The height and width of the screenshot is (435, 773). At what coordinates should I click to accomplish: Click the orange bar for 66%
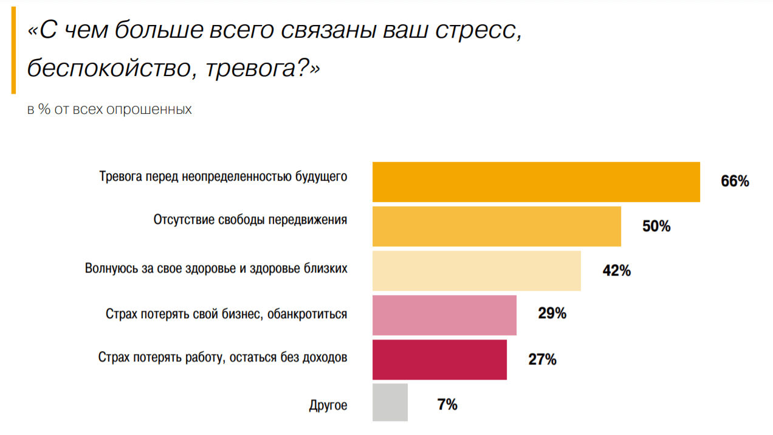click(535, 182)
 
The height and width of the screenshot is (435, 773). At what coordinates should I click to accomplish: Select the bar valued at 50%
click(496, 226)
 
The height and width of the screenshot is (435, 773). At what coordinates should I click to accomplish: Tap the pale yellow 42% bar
click(476, 271)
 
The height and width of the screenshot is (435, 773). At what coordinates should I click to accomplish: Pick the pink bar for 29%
click(444, 315)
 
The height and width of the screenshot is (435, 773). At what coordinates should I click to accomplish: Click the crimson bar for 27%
click(439, 360)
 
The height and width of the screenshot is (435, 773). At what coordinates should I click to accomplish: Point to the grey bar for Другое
click(390, 402)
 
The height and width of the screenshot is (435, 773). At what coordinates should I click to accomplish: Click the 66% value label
click(735, 181)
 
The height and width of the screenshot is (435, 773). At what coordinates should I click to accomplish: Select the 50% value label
click(656, 226)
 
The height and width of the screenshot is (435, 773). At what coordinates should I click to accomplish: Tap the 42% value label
click(616, 271)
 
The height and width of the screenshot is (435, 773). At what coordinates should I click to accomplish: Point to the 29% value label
click(552, 314)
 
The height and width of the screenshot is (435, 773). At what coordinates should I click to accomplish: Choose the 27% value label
click(542, 360)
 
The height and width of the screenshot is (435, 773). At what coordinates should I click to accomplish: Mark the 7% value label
click(447, 404)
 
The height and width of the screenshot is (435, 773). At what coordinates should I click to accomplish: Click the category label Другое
click(328, 405)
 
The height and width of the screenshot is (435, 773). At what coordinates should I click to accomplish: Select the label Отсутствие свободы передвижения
click(250, 220)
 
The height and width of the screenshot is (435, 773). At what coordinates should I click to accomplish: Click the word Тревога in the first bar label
click(118, 177)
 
